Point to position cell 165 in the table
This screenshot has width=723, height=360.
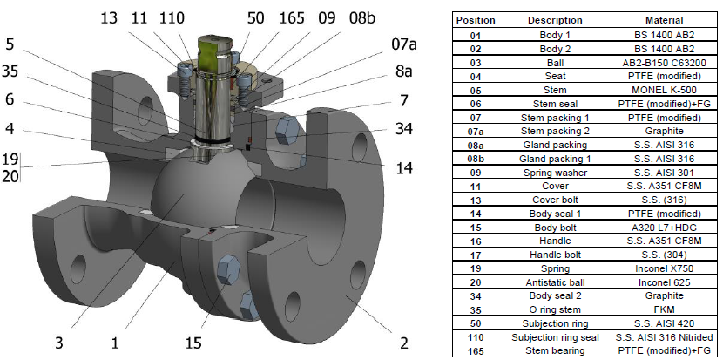(476, 351)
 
